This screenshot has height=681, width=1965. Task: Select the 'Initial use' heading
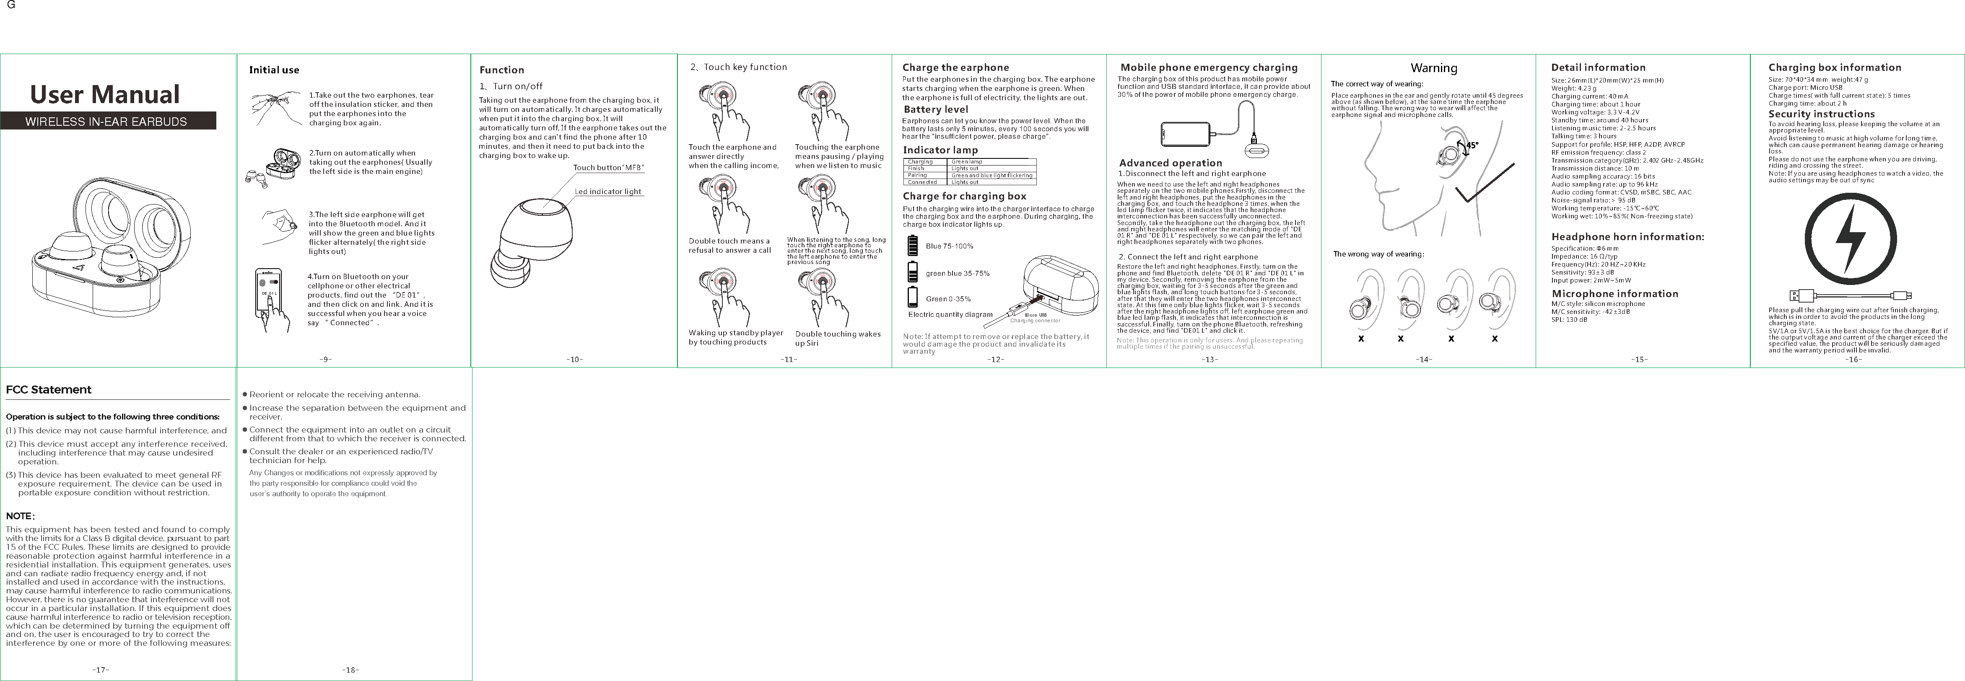[x=274, y=70]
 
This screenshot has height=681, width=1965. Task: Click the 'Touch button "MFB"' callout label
[x=608, y=168]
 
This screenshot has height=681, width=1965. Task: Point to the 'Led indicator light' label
[x=608, y=192]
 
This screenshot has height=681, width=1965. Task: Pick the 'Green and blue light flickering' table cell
[x=992, y=176]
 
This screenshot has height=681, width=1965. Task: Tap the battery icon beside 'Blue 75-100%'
[x=912, y=246]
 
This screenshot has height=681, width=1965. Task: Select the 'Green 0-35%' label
[x=948, y=299]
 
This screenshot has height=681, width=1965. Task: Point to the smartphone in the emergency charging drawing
[x=1185, y=135]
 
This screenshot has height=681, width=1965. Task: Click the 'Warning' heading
[x=1433, y=68]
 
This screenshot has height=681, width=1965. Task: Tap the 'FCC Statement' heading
[x=49, y=390]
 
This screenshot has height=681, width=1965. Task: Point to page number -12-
[x=995, y=359]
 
